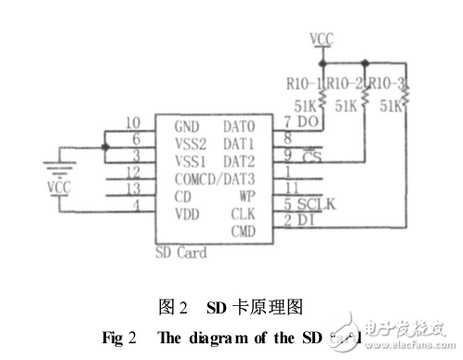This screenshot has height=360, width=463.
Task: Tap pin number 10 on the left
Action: (133, 122)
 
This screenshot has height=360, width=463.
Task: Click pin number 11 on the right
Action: (290, 188)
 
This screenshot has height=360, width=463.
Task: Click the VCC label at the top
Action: (322, 38)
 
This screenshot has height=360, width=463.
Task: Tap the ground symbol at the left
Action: (59, 168)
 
